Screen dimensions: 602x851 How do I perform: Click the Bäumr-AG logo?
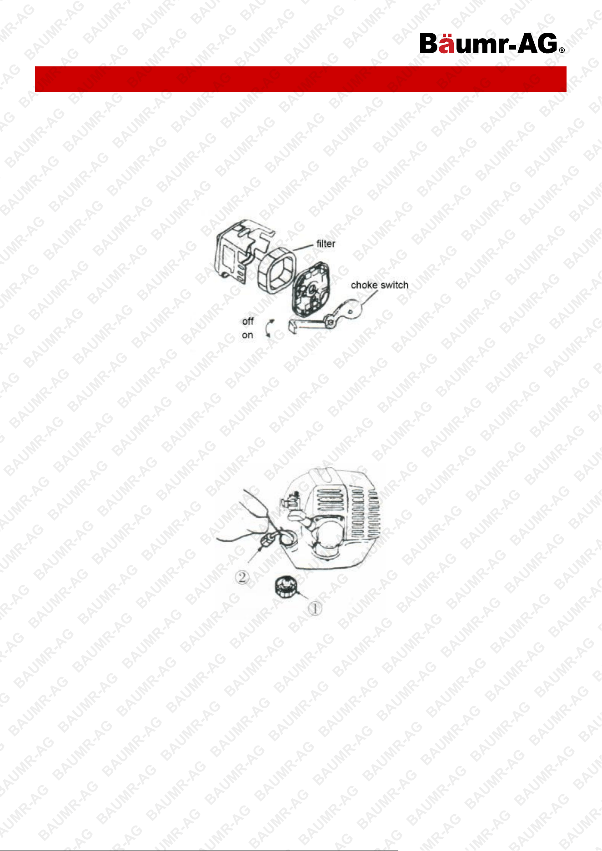tap(492, 44)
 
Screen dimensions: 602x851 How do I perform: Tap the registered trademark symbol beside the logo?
tap(562, 50)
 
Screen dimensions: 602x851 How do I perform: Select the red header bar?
tap(301, 79)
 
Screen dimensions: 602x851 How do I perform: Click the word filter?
tap(326, 244)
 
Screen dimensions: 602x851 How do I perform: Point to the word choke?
tap(364, 285)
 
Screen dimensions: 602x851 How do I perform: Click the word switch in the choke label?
tap(394, 285)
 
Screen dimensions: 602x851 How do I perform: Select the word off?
tap(248, 321)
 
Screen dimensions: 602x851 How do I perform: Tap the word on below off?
tap(247, 335)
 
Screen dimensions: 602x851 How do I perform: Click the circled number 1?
tap(315, 608)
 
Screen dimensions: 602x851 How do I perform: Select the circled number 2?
tap(242, 577)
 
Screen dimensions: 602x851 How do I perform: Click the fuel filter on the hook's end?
tap(266, 542)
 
